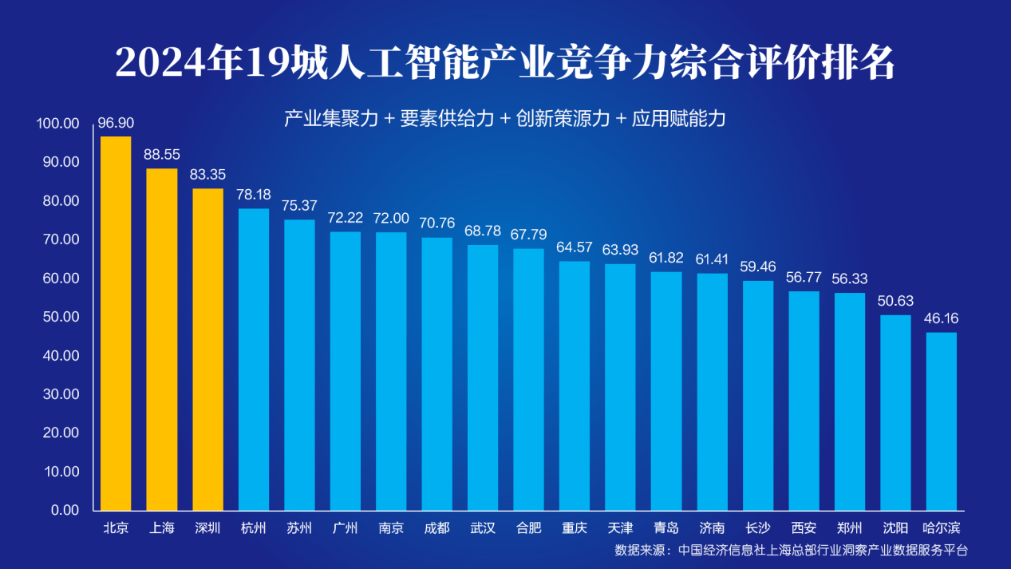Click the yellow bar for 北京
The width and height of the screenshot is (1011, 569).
116,323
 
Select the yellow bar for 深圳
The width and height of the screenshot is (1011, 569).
207,349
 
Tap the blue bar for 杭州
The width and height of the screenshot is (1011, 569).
254,359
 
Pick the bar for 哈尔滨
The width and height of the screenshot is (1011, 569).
941,421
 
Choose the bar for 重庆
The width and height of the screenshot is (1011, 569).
575,385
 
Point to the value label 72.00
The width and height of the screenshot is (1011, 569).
391,219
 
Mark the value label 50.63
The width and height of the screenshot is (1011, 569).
895,302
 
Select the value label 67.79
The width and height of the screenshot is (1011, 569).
528,235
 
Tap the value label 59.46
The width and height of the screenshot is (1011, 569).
758,267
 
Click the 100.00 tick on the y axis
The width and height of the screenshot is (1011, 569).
58,124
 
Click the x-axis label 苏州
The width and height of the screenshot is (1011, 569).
299,528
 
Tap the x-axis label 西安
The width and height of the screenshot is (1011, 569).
804,528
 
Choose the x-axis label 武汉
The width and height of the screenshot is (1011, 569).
483,528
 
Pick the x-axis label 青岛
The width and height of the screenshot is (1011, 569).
665,528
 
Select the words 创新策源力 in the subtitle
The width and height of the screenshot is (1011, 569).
563,120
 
